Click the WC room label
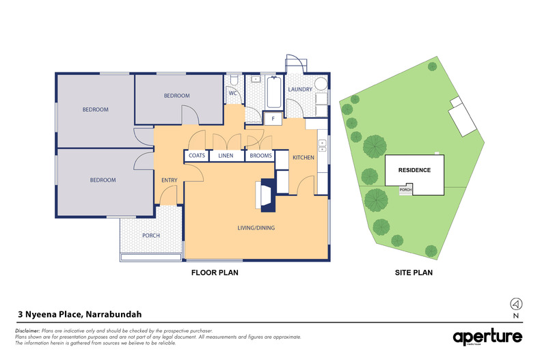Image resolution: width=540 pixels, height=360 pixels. (x=232, y=93)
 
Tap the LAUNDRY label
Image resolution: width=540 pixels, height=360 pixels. (x=300, y=89)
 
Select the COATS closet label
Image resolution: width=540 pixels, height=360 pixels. (x=196, y=156)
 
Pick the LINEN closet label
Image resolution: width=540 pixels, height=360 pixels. (x=226, y=156)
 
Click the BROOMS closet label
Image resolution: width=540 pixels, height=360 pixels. (x=260, y=156)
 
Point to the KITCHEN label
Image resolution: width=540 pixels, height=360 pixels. (x=303, y=158)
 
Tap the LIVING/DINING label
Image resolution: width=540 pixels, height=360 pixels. (x=256, y=227)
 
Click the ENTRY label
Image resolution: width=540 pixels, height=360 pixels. (x=170, y=180)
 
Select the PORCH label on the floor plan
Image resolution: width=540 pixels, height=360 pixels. (x=150, y=236)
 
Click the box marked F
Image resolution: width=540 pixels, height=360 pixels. (x=273, y=119)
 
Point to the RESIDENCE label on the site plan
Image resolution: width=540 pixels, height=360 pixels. (x=414, y=170)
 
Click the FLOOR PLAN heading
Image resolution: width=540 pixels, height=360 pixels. (x=213, y=273)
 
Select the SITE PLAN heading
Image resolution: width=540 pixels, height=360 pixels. (x=414, y=273)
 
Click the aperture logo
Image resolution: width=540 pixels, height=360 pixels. (x=487, y=336)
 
